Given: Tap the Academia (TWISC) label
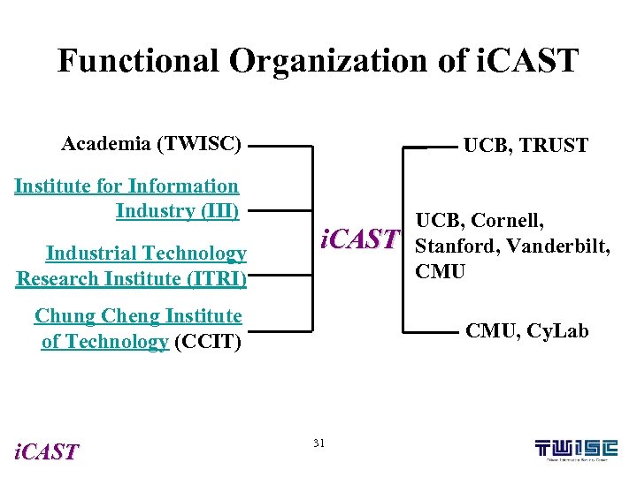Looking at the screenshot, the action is pos(151,144).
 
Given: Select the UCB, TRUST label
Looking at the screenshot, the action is pos(526,146).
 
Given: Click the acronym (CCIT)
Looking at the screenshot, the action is pos(208,342).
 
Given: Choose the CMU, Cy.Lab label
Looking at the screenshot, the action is pos(526,332).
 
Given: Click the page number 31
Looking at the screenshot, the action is pos(319,442).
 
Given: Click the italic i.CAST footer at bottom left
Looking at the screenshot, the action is pos(47,452).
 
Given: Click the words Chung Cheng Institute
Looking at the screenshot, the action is pos(138,316).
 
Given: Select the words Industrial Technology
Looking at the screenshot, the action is pos(146,254).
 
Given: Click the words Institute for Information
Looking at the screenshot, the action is pos(127,186).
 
